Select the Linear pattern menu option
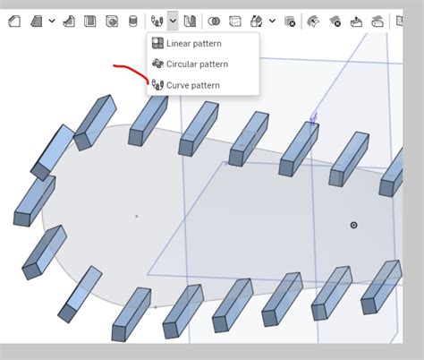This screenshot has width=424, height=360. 193,43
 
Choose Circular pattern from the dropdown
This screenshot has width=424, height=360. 197,64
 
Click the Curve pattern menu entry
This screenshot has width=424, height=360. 192,85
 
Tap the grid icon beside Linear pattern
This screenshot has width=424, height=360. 157,43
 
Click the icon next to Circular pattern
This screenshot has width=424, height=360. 157,64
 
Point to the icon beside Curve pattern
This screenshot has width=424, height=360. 157,85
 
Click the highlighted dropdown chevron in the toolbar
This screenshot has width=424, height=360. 173,20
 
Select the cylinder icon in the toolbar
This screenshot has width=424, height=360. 133,20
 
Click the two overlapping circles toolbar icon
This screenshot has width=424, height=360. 214,20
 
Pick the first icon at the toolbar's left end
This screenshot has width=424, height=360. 13,20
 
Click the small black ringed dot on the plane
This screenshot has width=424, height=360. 353,225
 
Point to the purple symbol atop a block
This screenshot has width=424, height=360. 313,117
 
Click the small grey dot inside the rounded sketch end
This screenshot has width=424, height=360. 136,216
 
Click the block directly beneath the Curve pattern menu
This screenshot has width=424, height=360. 199,128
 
